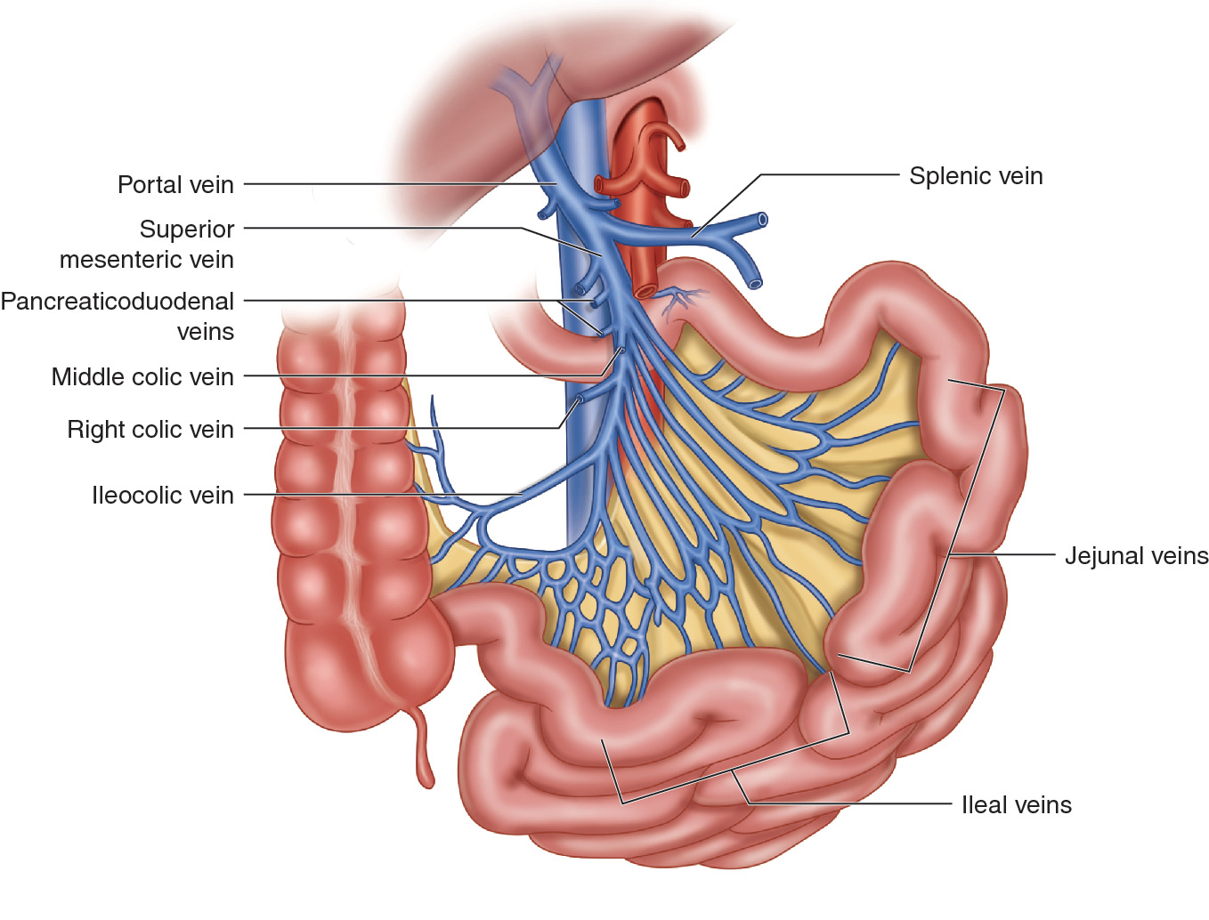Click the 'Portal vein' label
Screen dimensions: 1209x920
tap(175, 185)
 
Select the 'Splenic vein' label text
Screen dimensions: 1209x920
tap(976, 176)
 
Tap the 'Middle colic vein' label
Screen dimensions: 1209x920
tap(142, 377)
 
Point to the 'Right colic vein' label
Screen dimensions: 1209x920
tap(150, 430)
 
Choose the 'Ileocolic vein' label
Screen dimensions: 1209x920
tap(163, 496)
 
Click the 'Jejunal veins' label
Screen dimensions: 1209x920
tap(1136, 556)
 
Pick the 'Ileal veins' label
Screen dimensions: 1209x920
tap(1016, 805)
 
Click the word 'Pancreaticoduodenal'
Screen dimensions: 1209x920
tap(118, 302)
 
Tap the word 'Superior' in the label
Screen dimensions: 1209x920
tap(187, 230)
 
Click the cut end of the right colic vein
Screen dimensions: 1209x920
tap(580, 399)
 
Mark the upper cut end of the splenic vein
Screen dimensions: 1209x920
tap(762, 219)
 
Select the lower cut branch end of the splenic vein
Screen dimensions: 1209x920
tap(755, 284)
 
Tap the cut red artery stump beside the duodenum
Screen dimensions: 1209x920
tap(645, 291)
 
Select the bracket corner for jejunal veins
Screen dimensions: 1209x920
tap(1003, 389)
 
